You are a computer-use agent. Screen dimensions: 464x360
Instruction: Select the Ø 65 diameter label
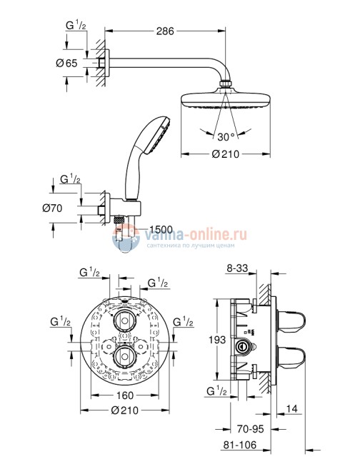[x=67, y=64]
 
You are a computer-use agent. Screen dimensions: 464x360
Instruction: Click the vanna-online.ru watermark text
[x=184, y=233]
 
